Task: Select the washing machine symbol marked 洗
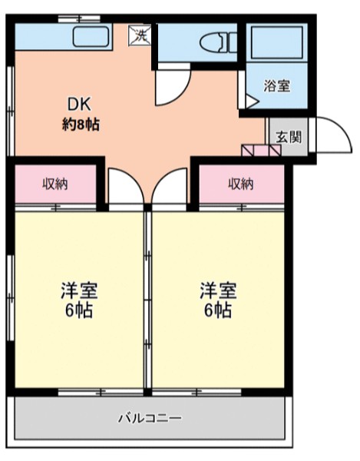[x=140, y=34]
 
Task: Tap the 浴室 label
[x=278, y=86]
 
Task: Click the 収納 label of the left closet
[x=55, y=184]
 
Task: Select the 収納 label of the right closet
[x=240, y=184]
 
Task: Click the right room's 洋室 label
[x=218, y=292]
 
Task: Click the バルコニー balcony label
[x=149, y=419]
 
